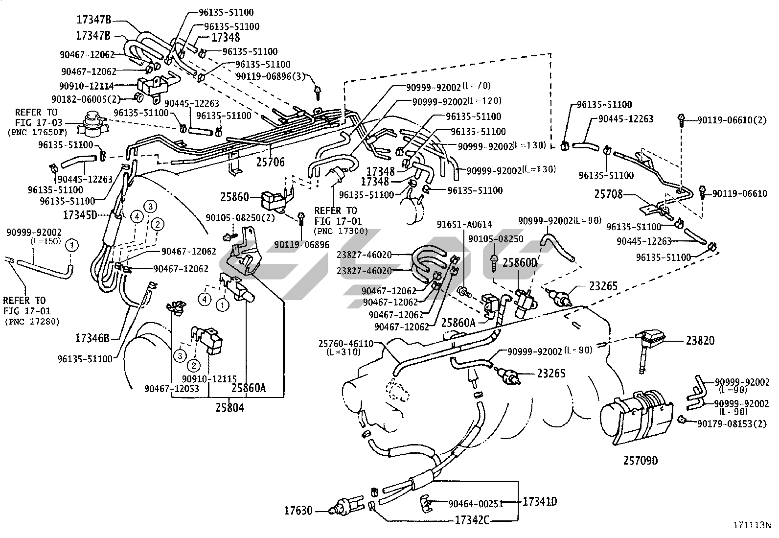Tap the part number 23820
point(700,341)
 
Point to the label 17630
point(298,511)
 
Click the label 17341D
point(540,501)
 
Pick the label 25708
point(608,194)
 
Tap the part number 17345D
point(80,214)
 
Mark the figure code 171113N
point(752,525)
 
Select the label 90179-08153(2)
point(735,424)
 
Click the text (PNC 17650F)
point(38,132)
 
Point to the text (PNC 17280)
point(32,322)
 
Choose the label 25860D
point(520,263)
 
